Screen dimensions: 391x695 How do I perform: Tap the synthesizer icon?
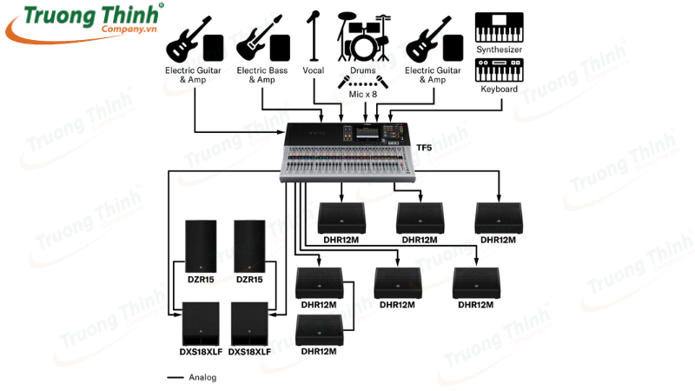(x=500, y=26)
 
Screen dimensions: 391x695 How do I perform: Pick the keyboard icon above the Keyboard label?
(x=500, y=70)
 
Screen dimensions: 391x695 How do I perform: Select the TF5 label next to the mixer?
(x=425, y=149)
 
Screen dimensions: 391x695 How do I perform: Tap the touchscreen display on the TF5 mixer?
(x=360, y=136)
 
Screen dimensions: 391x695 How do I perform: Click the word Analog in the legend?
(x=202, y=377)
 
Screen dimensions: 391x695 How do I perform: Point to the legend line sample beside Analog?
(x=175, y=377)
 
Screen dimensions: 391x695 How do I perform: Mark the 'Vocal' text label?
(x=313, y=69)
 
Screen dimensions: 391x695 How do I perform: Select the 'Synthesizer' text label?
(x=499, y=49)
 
